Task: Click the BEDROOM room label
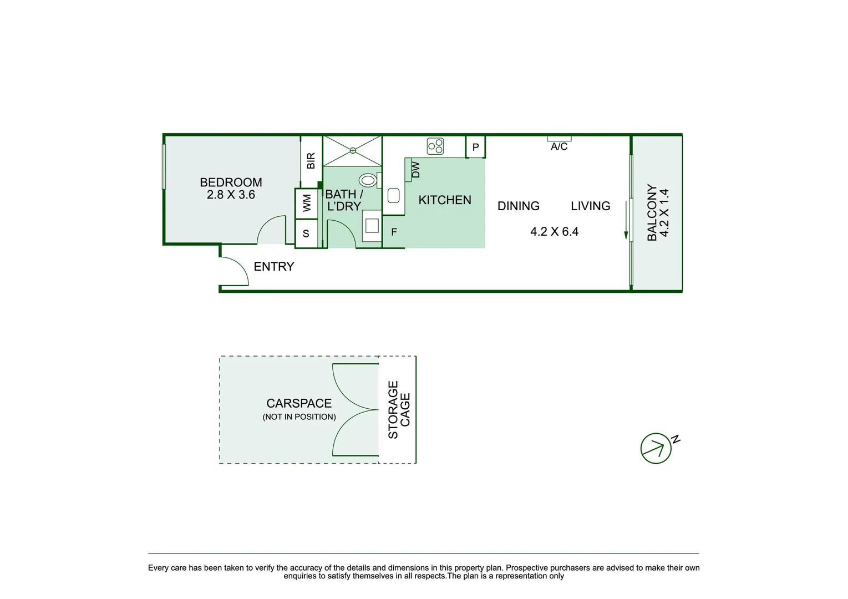tap(231, 182)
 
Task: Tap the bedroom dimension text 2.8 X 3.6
tap(231, 195)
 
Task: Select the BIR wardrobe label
tap(311, 161)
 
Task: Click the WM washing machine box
tap(307, 204)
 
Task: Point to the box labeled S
tap(306, 233)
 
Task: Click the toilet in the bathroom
tap(368, 180)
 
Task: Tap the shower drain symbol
tap(353, 150)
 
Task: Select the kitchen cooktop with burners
tap(435, 146)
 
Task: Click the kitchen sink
tap(394, 196)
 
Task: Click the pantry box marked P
tap(475, 148)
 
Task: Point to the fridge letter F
tap(394, 232)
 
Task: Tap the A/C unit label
tap(559, 146)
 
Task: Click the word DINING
tap(518, 206)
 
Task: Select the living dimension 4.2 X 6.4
tap(554, 232)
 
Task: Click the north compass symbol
tap(656, 448)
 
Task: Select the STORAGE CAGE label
tap(399, 409)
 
